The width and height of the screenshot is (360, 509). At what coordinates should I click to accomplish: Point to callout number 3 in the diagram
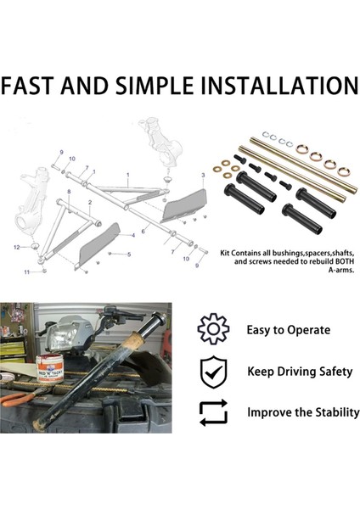pyautogui.click(x=203, y=175)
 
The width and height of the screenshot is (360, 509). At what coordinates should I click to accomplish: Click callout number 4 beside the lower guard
pyautogui.click(x=132, y=233)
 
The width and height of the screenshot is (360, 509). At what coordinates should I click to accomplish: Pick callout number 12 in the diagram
pyautogui.click(x=16, y=247)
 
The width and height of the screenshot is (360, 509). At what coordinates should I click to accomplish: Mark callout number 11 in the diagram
pyautogui.click(x=26, y=271)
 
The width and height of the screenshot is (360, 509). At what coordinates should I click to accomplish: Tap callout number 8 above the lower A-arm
pyautogui.click(x=69, y=193)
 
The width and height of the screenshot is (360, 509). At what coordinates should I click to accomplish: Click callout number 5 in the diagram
pyautogui.click(x=129, y=254)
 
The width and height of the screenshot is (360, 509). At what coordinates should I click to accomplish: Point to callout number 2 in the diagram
pyautogui.click(x=90, y=204)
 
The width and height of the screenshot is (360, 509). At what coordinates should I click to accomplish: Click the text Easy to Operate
pyautogui.click(x=288, y=330)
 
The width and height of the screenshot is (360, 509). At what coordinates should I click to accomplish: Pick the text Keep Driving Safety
pyautogui.click(x=299, y=372)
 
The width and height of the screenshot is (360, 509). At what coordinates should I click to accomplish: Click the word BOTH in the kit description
pyautogui.click(x=339, y=262)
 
